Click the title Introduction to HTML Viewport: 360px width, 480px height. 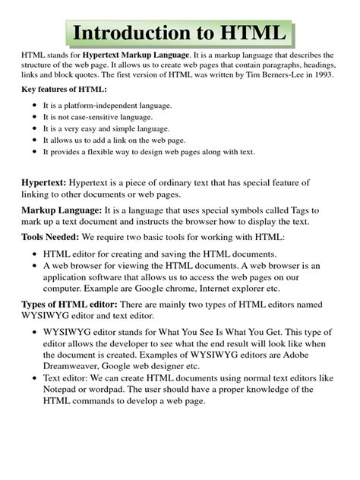[179, 33]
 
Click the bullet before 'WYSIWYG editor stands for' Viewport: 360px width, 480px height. [36, 333]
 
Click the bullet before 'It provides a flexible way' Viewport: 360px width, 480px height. [36, 151]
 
